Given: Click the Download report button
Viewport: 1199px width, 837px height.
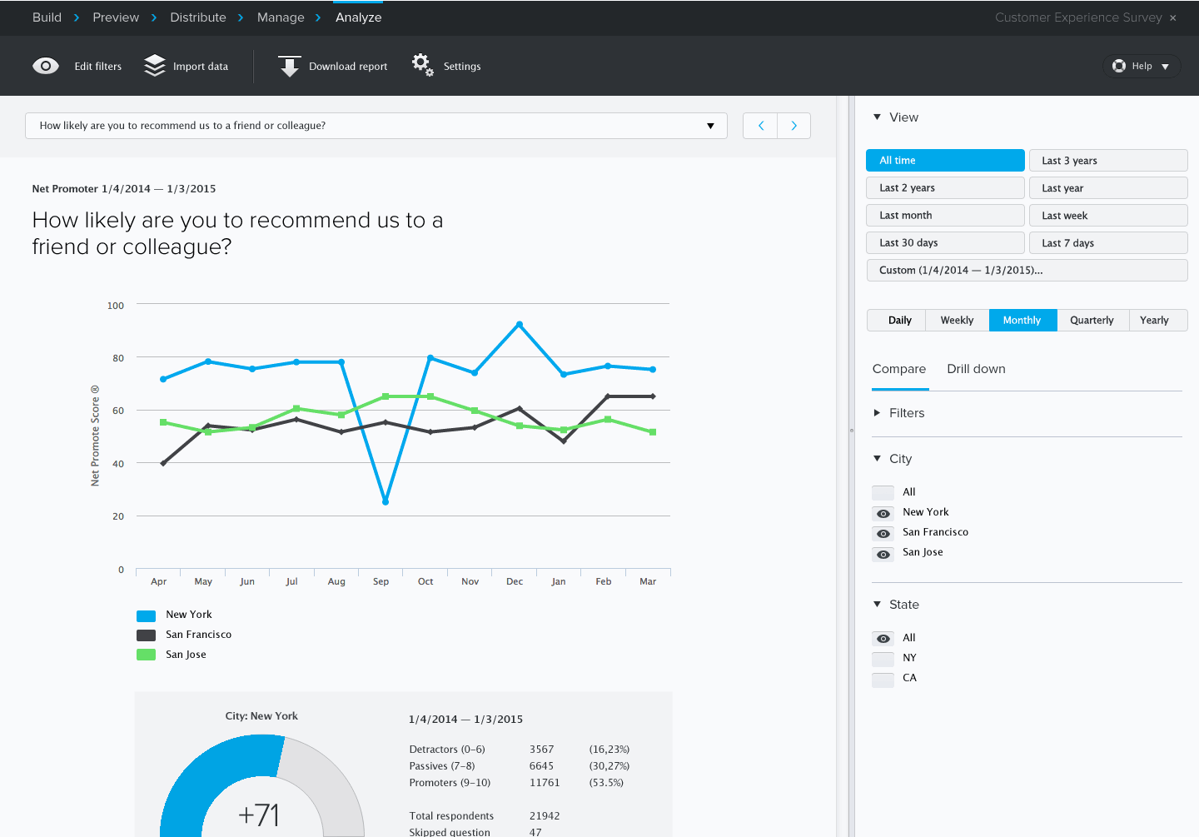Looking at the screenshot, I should pos(333,67).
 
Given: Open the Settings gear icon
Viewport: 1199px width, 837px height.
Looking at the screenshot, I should pos(422,65).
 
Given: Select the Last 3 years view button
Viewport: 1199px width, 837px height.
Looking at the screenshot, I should pos(1107,161).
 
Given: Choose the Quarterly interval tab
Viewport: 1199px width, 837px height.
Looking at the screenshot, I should pos(1092,321).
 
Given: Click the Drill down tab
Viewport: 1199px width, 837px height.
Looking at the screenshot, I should pos(976,369).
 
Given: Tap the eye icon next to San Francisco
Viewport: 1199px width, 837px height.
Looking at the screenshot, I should pos(883,534).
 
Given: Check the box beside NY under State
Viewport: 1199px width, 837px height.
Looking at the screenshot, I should pos(883,659).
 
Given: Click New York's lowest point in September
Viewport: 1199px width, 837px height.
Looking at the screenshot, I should pos(386,501).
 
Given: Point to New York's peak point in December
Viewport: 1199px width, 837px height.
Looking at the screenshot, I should pos(520,325).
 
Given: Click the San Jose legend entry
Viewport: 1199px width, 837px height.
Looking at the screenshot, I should pos(186,655).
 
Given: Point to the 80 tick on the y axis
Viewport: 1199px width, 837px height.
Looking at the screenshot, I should pos(118,358).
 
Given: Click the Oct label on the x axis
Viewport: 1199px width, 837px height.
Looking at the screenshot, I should pos(425,581).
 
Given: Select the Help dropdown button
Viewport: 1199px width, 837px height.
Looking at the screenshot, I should pos(1142,67).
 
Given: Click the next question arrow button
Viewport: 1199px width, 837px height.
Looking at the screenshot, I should pos(794,126).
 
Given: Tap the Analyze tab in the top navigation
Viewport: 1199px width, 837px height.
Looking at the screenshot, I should pos(358,17).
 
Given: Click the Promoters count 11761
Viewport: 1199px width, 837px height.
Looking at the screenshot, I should pos(545,783).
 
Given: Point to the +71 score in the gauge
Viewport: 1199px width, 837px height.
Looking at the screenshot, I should pos(259,815).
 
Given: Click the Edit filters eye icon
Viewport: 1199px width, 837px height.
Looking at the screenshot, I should pos(46,67).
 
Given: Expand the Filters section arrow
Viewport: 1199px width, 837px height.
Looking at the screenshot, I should pos(877,413).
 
